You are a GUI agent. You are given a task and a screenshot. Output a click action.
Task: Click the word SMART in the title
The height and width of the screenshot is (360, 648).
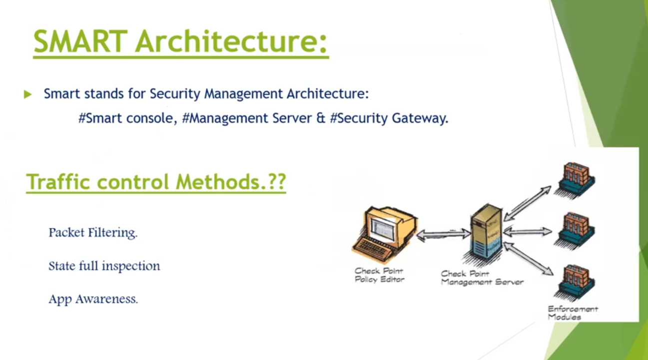[80, 41]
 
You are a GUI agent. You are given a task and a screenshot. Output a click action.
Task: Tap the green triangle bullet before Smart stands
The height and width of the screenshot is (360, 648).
[27, 94]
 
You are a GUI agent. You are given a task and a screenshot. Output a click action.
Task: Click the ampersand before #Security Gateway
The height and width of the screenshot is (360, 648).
[321, 118]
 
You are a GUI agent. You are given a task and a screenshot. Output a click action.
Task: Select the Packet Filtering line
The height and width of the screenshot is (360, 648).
[93, 233]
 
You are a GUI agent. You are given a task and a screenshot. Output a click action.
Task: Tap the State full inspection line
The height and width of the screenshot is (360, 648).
[104, 266]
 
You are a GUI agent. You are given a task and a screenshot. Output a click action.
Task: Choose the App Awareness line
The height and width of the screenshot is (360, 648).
[93, 299]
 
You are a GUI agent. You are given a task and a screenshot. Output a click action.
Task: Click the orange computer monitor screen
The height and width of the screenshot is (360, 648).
[382, 229]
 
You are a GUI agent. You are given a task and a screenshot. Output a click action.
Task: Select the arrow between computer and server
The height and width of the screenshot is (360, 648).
[444, 234]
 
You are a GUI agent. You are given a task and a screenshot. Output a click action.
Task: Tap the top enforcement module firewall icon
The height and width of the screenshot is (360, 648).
[576, 179]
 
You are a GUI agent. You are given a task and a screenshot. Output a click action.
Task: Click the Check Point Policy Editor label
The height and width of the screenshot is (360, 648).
[380, 275]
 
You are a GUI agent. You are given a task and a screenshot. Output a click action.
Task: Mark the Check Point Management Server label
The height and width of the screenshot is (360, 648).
[482, 278]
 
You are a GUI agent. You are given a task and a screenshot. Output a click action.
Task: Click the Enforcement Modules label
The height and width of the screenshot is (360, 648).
[573, 313]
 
